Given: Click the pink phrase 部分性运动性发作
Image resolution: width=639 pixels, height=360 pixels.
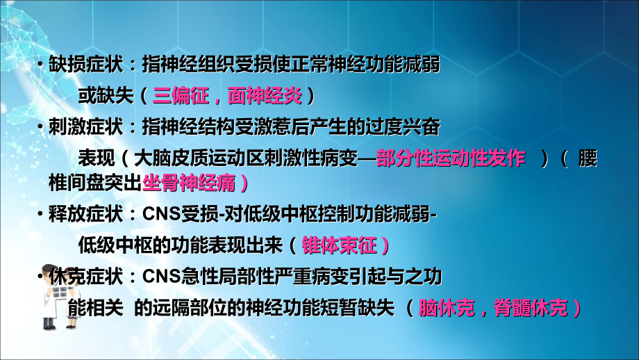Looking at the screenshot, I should click(451, 158).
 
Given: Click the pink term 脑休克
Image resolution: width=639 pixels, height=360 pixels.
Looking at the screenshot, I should click(445, 308).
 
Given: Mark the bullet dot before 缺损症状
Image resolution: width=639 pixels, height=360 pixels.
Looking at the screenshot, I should click(42, 65).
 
